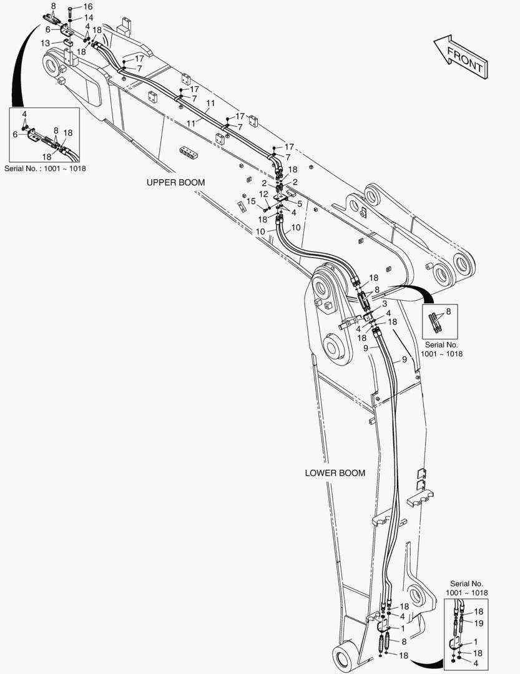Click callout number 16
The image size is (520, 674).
click(88, 6)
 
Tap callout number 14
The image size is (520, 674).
click(89, 17)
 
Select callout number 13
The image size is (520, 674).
click(46, 43)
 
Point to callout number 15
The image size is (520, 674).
click(251, 201)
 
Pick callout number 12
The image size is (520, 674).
click(263, 194)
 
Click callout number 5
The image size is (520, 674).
click(300, 203)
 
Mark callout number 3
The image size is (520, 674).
click(385, 304)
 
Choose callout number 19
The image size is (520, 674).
click(479, 623)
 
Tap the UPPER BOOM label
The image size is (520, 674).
click(175, 182)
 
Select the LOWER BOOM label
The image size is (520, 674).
click(335, 473)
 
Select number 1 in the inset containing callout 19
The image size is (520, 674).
click(475, 642)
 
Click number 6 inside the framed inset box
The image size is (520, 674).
click(15, 135)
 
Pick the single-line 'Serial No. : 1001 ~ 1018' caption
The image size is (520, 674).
click(45, 168)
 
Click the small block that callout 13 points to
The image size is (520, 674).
click(67, 43)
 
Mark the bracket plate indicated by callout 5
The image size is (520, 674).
click(282, 200)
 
